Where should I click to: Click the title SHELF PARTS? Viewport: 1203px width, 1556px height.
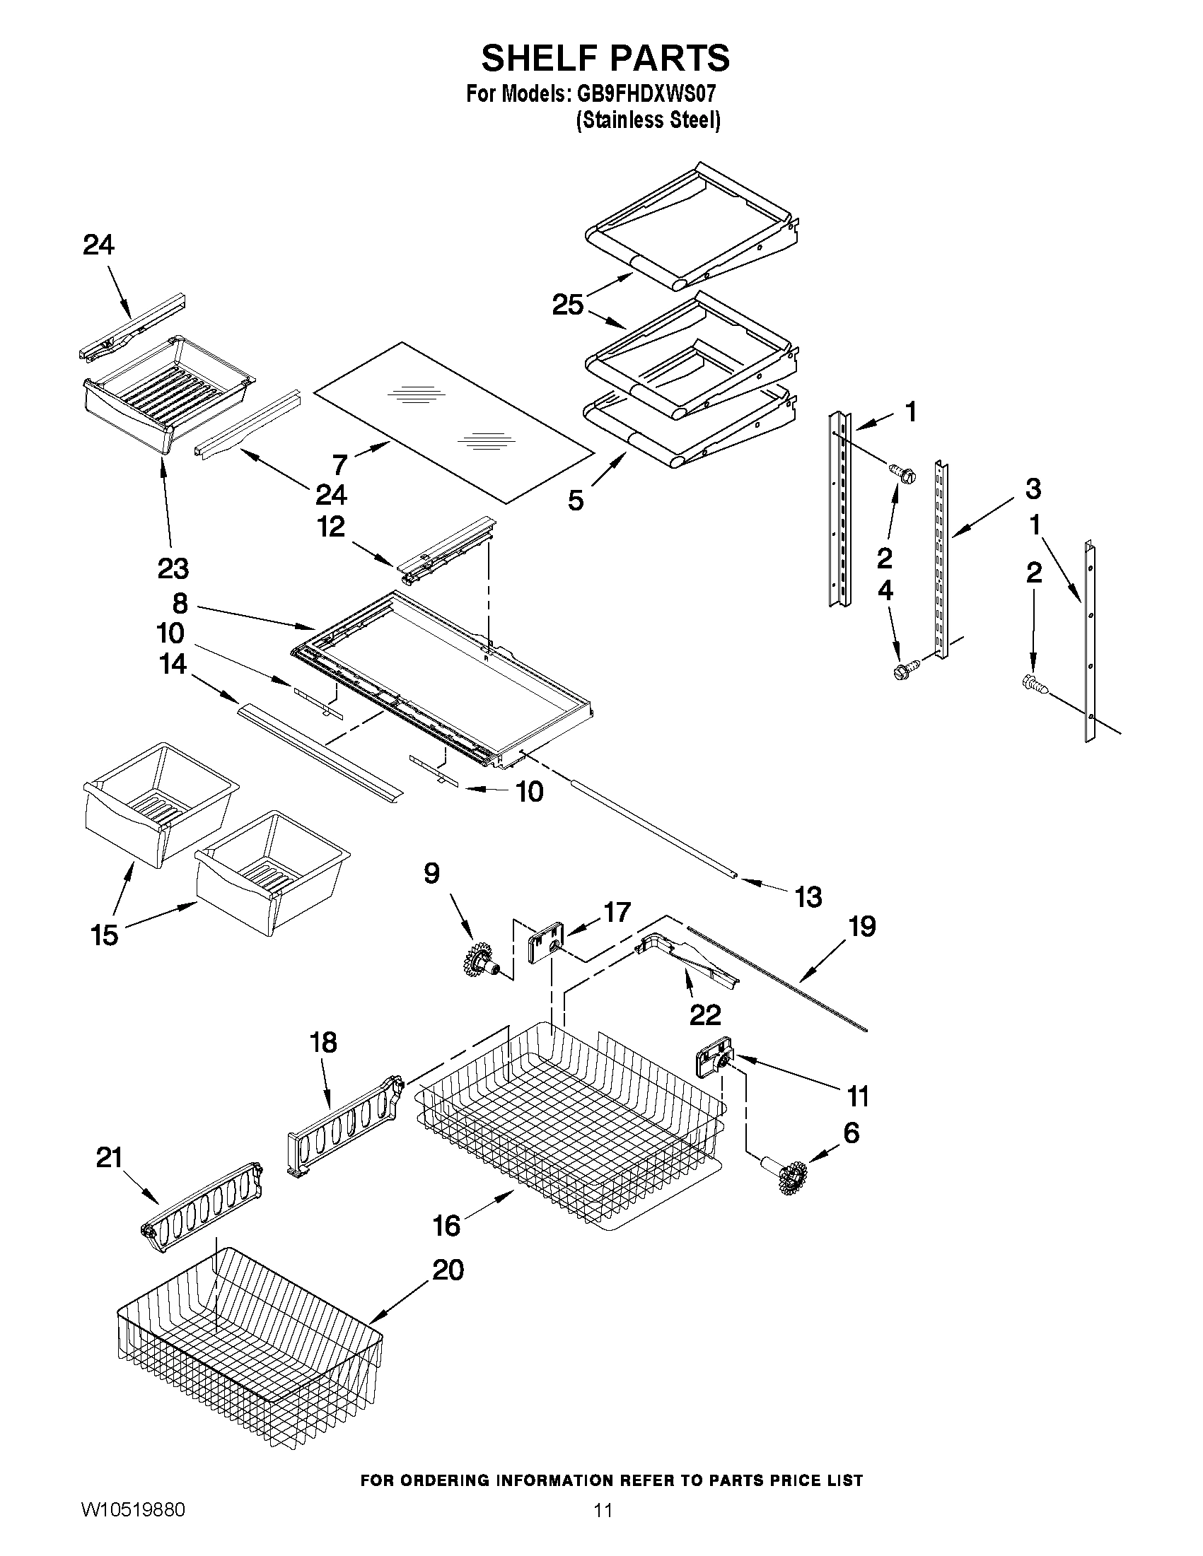[x=605, y=59]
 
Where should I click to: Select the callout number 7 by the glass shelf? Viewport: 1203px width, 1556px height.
[x=340, y=464]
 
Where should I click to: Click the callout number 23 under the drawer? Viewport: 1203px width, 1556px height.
[x=173, y=568]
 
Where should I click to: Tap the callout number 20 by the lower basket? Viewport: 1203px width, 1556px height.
[x=448, y=1270]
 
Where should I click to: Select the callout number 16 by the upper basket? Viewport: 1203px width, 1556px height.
[x=447, y=1225]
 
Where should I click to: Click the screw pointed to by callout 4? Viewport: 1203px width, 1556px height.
[x=904, y=669]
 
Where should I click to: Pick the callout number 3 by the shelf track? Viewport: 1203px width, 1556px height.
[x=1033, y=489]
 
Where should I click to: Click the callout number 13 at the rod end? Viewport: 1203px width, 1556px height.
[x=808, y=897]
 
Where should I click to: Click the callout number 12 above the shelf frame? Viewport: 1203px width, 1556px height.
[x=331, y=527]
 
